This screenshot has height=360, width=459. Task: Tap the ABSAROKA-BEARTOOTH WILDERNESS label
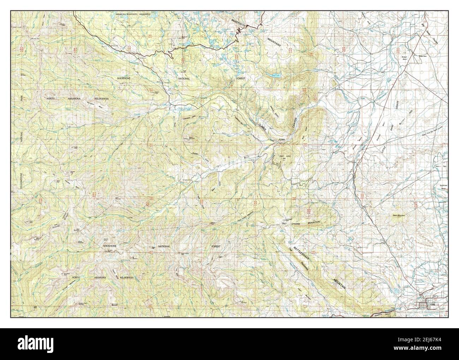tap(133, 14)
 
